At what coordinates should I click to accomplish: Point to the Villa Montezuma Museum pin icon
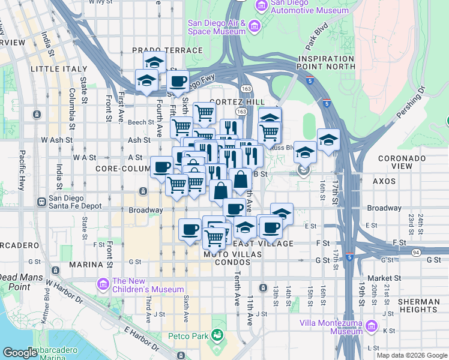(x=372, y=327)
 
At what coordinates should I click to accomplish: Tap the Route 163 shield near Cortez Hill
(x=241, y=112)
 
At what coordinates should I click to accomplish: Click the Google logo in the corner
(x=20, y=353)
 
